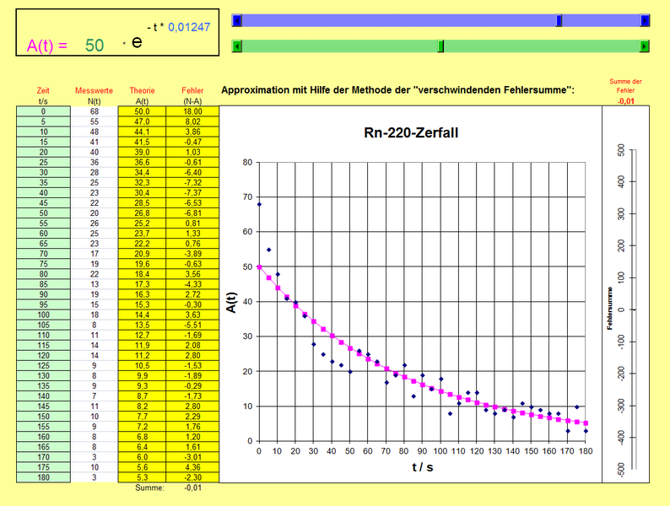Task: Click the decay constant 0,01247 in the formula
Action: (x=189, y=28)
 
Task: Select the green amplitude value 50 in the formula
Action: (x=95, y=46)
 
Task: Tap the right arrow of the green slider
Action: (x=646, y=46)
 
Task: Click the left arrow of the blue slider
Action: (x=237, y=20)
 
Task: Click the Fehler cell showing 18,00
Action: (x=193, y=111)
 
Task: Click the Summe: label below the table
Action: (x=149, y=487)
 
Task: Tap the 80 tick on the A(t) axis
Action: (x=246, y=162)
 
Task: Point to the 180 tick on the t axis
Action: (x=586, y=451)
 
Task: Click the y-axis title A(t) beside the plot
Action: (x=230, y=301)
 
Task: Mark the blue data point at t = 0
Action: (x=259, y=204)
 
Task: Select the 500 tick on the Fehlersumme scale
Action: (x=644, y=150)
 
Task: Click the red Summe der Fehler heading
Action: (x=625, y=85)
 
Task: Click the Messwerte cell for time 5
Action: (x=94, y=121)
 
